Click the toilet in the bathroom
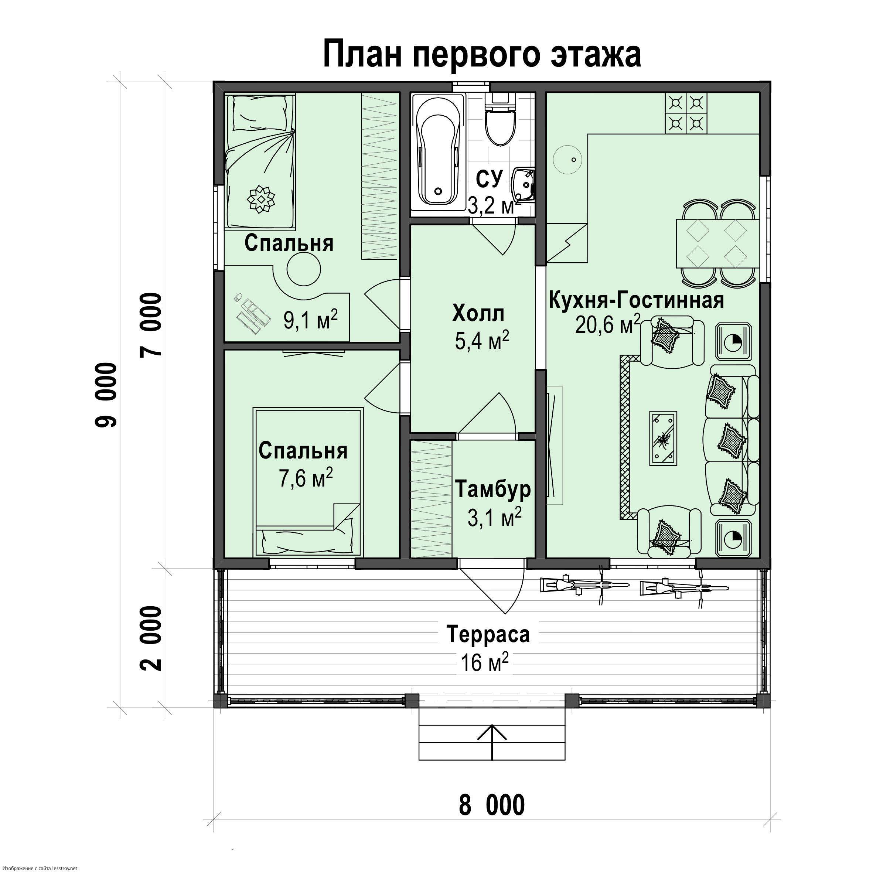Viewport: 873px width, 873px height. pyautogui.click(x=500, y=119)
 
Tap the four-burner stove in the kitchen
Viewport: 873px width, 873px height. pyautogui.click(x=686, y=113)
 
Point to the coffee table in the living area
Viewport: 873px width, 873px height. pyautogui.click(x=663, y=438)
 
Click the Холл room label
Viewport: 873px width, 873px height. pyautogui.click(x=478, y=314)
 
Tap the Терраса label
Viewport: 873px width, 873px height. pyautogui.click(x=488, y=634)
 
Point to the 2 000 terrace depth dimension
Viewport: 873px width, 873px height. pyautogui.click(x=151, y=638)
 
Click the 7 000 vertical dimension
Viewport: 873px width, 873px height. pyautogui.click(x=151, y=325)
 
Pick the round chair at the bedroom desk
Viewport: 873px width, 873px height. pyautogui.click(x=304, y=269)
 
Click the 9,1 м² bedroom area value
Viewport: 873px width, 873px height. pyautogui.click(x=310, y=320)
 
